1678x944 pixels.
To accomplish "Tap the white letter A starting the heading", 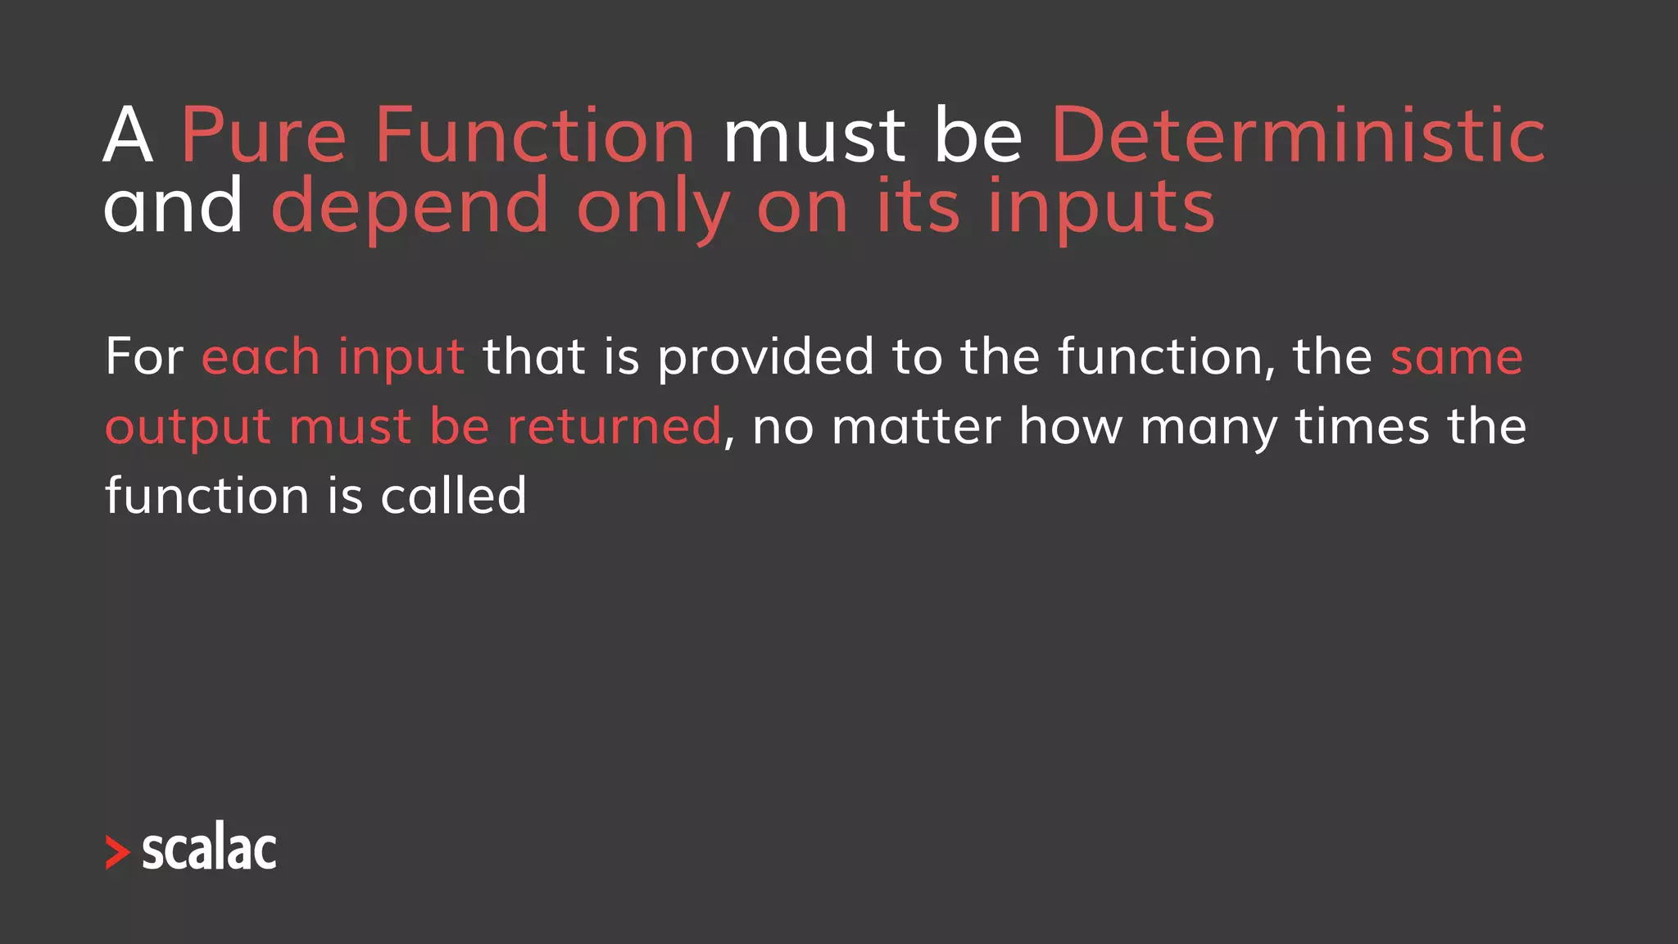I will coord(128,136).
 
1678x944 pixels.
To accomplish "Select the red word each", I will coord(261,357).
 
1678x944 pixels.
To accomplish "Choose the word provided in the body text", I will coord(766,359).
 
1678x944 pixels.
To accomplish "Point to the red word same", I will coord(1456,359).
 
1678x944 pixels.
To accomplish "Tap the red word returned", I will coord(614,427).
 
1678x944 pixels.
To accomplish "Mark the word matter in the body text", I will coord(916,427).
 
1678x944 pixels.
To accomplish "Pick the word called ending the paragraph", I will coord(453,496).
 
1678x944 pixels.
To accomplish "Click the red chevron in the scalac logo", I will coord(118,852).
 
